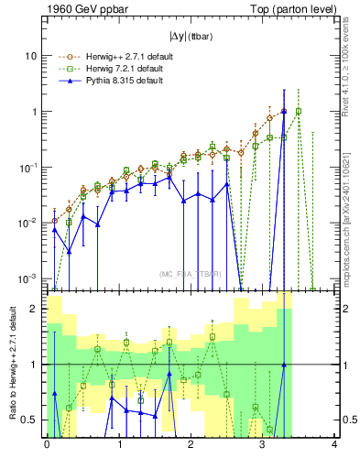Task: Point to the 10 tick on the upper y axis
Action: (31, 56)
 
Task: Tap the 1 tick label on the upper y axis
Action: (34, 112)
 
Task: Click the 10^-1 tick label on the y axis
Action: (28, 167)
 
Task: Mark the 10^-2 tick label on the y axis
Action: (28, 223)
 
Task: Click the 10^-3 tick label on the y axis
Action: (28, 278)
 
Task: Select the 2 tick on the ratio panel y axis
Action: (34, 309)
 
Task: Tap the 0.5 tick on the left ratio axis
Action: (29, 420)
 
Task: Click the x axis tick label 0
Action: (47, 446)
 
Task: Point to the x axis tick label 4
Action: (334, 446)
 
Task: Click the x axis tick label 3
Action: (263, 446)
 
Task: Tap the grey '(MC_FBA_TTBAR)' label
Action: (191, 274)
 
